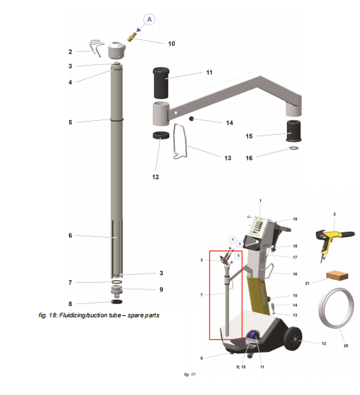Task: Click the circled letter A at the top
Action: tap(150, 20)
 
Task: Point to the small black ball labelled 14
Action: tap(191, 119)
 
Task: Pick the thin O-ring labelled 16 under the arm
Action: tap(293, 150)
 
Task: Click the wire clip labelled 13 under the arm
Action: tap(181, 142)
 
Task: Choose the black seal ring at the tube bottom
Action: tap(117, 303)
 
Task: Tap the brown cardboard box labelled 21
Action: tap(337, 276)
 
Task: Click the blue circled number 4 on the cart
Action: tap(233, 238)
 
